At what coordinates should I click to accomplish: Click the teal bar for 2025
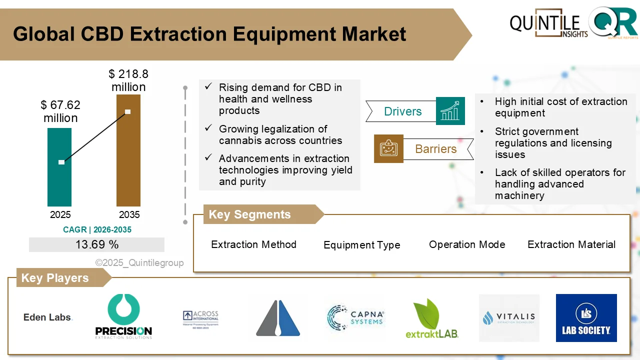[59, 167]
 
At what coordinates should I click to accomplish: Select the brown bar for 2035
[128, 150]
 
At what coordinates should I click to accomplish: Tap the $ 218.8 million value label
[128, 80]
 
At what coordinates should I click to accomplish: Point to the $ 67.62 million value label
[60, 111]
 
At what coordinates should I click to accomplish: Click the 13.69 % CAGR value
[96, 244]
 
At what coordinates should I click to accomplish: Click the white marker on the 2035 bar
[128, 111]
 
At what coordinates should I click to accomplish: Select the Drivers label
[402, 111]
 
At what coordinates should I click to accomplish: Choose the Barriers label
[435, 149]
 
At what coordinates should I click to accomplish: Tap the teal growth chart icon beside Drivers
[450, 111]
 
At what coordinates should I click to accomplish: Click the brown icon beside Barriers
[388, 148]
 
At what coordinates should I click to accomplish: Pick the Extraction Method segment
[253, 244]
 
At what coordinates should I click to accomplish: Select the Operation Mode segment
[467, 244]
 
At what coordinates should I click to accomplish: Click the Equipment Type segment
[361, 245]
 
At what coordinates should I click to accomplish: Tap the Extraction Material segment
[571, 244]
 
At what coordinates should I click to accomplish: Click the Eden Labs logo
[48, 317]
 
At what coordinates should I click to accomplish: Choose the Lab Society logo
[586, 318]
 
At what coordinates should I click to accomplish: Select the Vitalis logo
[509, 318]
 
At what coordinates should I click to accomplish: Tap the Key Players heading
[55, 278]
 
